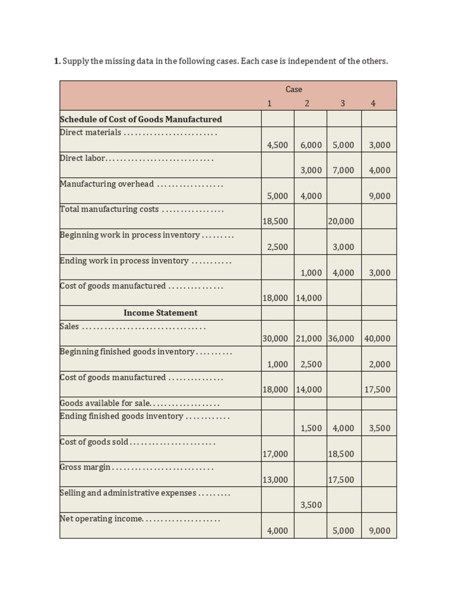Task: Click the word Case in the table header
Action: tap(293, 89)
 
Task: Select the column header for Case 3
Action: tap(343, 103)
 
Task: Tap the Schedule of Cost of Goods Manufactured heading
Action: tap(141, 119)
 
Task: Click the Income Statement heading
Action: tap(160, 313)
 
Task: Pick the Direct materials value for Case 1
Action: tap(277, 145)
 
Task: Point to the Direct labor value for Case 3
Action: tap(343, 170)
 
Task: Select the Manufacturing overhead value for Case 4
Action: tap(379, 196)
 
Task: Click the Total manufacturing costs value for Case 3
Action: tap(341, 221)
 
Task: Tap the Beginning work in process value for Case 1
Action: tap(277, 247)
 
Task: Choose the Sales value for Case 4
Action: tap(378, 339)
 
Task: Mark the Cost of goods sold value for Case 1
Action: tap(275, 454)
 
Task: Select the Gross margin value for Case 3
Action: tap(341, 480)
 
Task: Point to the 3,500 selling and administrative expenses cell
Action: tap(311, 505)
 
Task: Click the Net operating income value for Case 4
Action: tap(379, 531)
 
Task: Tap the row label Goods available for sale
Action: tap(105, 403)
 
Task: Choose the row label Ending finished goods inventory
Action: tap(121, 416)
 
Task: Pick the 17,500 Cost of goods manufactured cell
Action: tap(378, 390)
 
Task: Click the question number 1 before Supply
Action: tap(56, 61)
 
